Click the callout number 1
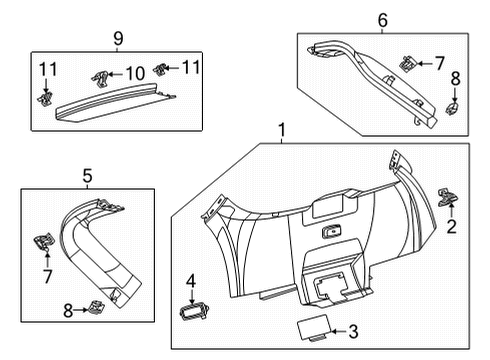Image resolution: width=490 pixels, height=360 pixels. [282, 130]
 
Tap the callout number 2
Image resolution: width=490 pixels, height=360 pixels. [452, 226]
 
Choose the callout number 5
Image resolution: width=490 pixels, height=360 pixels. [87, 176]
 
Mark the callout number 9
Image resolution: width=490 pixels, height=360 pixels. [118, 38]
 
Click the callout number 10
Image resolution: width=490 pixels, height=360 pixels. [134, 73]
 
